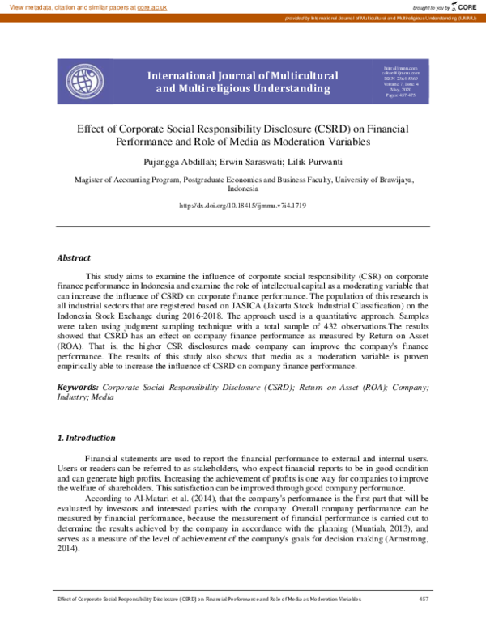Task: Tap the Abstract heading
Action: [x=73, y=258]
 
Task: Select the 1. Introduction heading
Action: [x=86, y=438]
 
